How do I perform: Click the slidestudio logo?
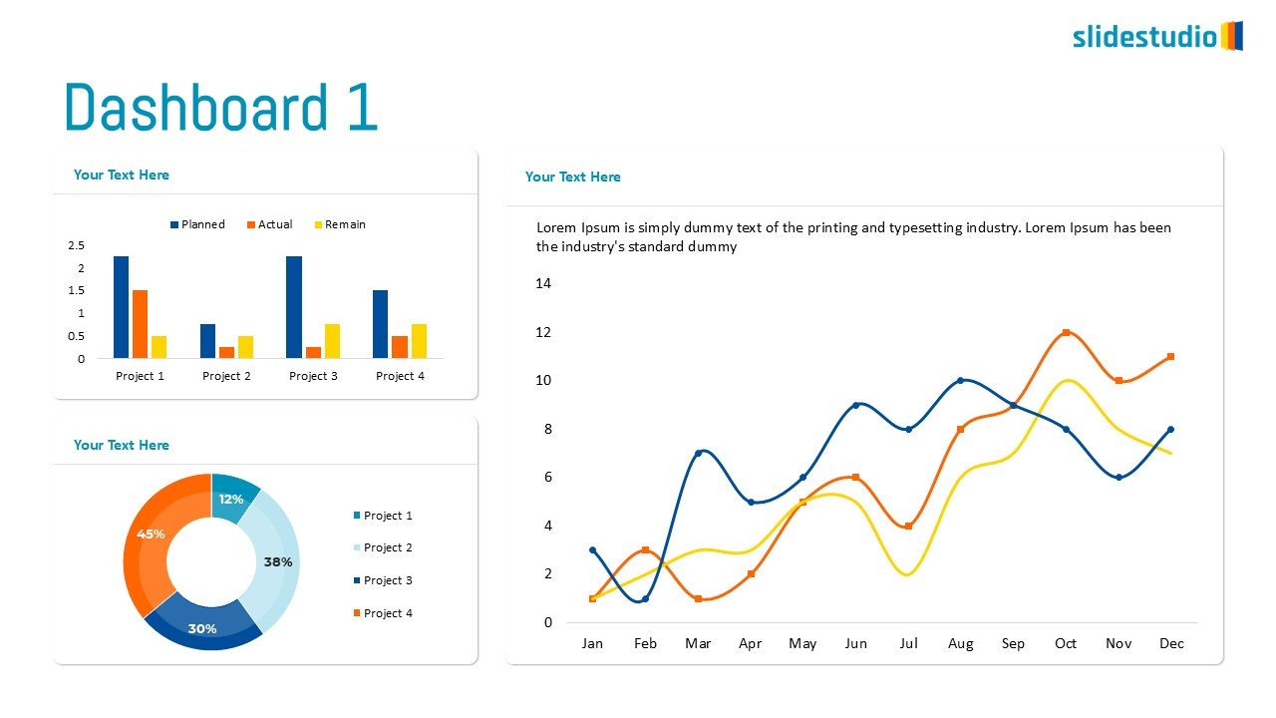point(1156,37)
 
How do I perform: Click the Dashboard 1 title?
point(220,108)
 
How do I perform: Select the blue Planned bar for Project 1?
point(121,307)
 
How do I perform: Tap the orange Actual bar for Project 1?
point(140,324)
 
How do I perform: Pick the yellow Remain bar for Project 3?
point(332,341)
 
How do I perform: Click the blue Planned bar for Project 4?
point(380,324)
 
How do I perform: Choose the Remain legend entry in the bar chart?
point(339,224)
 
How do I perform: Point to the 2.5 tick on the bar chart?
point(76,245)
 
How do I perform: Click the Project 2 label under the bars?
point(226,376)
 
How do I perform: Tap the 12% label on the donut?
point(231,499)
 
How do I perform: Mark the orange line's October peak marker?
point(1066,332)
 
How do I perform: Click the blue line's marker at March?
point(698,453)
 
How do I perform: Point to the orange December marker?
point(1170,356)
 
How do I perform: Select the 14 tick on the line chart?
point(543,283)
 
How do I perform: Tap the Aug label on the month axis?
point(960,643)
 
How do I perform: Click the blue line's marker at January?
point(592,549)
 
